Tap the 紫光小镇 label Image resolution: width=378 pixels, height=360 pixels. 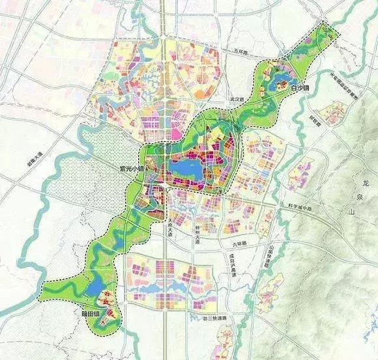tap(123, 168)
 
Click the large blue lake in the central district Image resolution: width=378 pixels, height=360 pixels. tap(186, 173)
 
